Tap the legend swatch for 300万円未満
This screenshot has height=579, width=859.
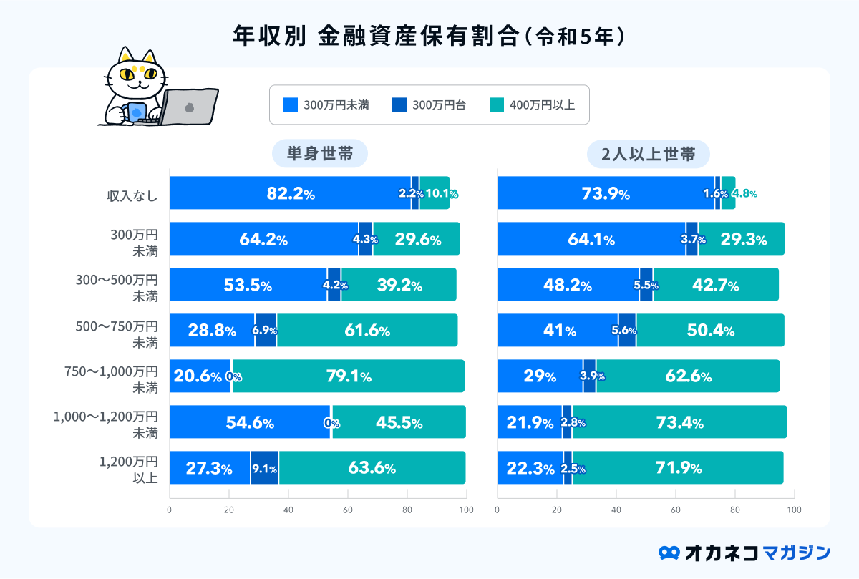[290, 105]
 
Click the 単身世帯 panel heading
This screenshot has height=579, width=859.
[319, 155]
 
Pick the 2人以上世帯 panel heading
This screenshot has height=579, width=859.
[648, 155]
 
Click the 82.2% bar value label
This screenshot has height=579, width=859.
[286, 193]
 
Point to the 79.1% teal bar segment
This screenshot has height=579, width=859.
[348, 376]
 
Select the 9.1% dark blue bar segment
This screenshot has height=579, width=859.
[264, 469]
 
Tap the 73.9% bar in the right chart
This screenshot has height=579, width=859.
[606, 193]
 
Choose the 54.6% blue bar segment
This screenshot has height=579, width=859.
[250, 422]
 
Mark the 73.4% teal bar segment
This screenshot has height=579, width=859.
[679, 422]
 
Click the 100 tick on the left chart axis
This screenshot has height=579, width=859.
[466, 510]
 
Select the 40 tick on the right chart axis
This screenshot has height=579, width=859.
[616, 510]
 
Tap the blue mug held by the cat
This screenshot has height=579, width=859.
[136, 112]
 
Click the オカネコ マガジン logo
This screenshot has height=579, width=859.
[744, 553]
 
